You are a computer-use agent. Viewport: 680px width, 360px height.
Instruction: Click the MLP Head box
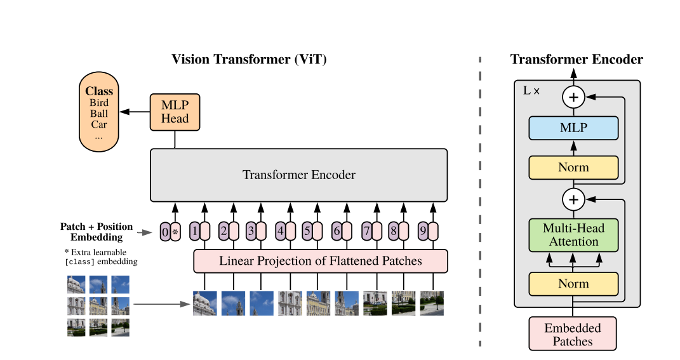coord(175,112)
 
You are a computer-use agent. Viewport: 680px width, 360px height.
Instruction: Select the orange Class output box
coord(98,112)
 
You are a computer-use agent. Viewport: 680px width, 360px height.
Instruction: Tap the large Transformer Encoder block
coord(298,175)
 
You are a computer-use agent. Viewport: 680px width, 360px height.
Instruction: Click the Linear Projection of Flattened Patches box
coord(321,260)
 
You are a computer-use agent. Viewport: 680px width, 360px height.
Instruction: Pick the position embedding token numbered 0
coord(165,232)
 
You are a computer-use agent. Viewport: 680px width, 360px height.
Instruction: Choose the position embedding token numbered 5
coord(307,232)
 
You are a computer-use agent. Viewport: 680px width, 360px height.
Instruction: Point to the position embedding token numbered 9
coord(423,232)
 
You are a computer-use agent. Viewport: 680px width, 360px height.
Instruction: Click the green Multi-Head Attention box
coord(573,235)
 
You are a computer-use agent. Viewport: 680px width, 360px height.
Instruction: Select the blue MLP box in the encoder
coord(573,128)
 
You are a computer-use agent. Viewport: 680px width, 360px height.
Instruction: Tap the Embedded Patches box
coord(573,335)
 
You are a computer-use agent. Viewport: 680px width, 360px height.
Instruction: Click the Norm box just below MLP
coord(573,168)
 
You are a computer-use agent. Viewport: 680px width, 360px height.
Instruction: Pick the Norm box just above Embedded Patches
coord(573,284)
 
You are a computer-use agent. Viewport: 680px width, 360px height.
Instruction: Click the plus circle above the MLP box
coord(573,97)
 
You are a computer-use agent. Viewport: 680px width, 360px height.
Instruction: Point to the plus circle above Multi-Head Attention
coord(573,200)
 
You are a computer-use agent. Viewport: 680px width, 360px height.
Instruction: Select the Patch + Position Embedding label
coord(97,232)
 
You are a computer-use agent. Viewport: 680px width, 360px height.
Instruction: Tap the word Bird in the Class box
coord(99,103)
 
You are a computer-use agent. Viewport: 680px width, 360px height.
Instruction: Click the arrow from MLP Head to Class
coord(135,112)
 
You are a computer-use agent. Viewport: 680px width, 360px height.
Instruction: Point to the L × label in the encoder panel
coord(531,91)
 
